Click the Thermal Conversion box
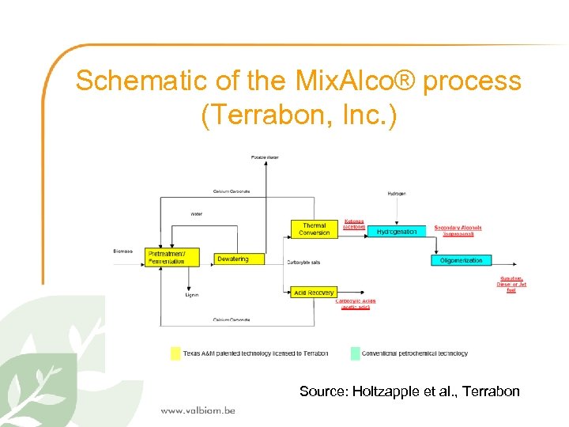click(314, 229)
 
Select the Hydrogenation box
click(397, 232)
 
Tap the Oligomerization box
click(462, 260)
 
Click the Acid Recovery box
click(314, 292)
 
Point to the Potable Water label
click(265, 157)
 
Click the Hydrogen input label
click(397, 193)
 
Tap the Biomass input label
click(123, 251)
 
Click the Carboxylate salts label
click(303, 262)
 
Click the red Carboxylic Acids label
click(356, 304)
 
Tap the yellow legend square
click(175, 353)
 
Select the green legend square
click(355, 353)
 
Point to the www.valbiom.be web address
click(198, 410)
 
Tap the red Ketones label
click(354, 225)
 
